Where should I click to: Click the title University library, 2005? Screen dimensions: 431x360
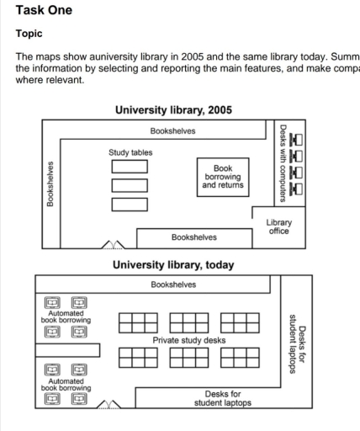click(x=173, y=110)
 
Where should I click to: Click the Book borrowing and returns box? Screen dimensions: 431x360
click(x=223, y=177)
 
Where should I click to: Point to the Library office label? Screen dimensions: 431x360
click(x=279, y=226)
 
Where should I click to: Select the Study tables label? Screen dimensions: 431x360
click(x=130, y=153)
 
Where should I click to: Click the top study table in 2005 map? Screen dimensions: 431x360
click(x=130, y=167)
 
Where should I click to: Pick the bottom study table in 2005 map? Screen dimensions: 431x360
click(x=130, y=204)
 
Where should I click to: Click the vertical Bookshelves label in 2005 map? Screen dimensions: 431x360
click(x=51, y=184)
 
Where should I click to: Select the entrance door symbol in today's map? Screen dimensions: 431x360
click(x=108, y=405)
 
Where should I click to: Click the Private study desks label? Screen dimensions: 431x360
click(x=189, y=340)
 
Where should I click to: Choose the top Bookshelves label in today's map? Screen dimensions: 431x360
click(x=173, y=285)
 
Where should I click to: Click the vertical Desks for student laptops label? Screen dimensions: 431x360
click(x=297, y=343)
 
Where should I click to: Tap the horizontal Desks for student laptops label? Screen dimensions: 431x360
click(x=223, y=398)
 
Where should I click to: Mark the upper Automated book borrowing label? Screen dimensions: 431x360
click(x=66, y=317)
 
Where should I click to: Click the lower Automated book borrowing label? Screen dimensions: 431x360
click(x=66, y=385)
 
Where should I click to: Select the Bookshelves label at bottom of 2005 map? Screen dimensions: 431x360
click(x=194, y=237)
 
